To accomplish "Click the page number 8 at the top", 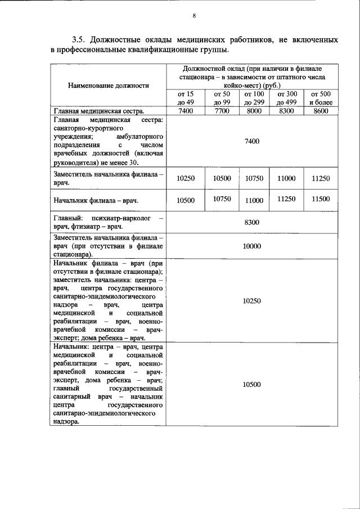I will pos(194,16).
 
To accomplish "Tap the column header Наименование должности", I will pos(109,85).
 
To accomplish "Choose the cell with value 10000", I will pos(251,246).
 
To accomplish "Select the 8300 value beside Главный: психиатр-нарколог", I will pos(251,223).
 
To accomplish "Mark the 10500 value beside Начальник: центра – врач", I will pos(251,384).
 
